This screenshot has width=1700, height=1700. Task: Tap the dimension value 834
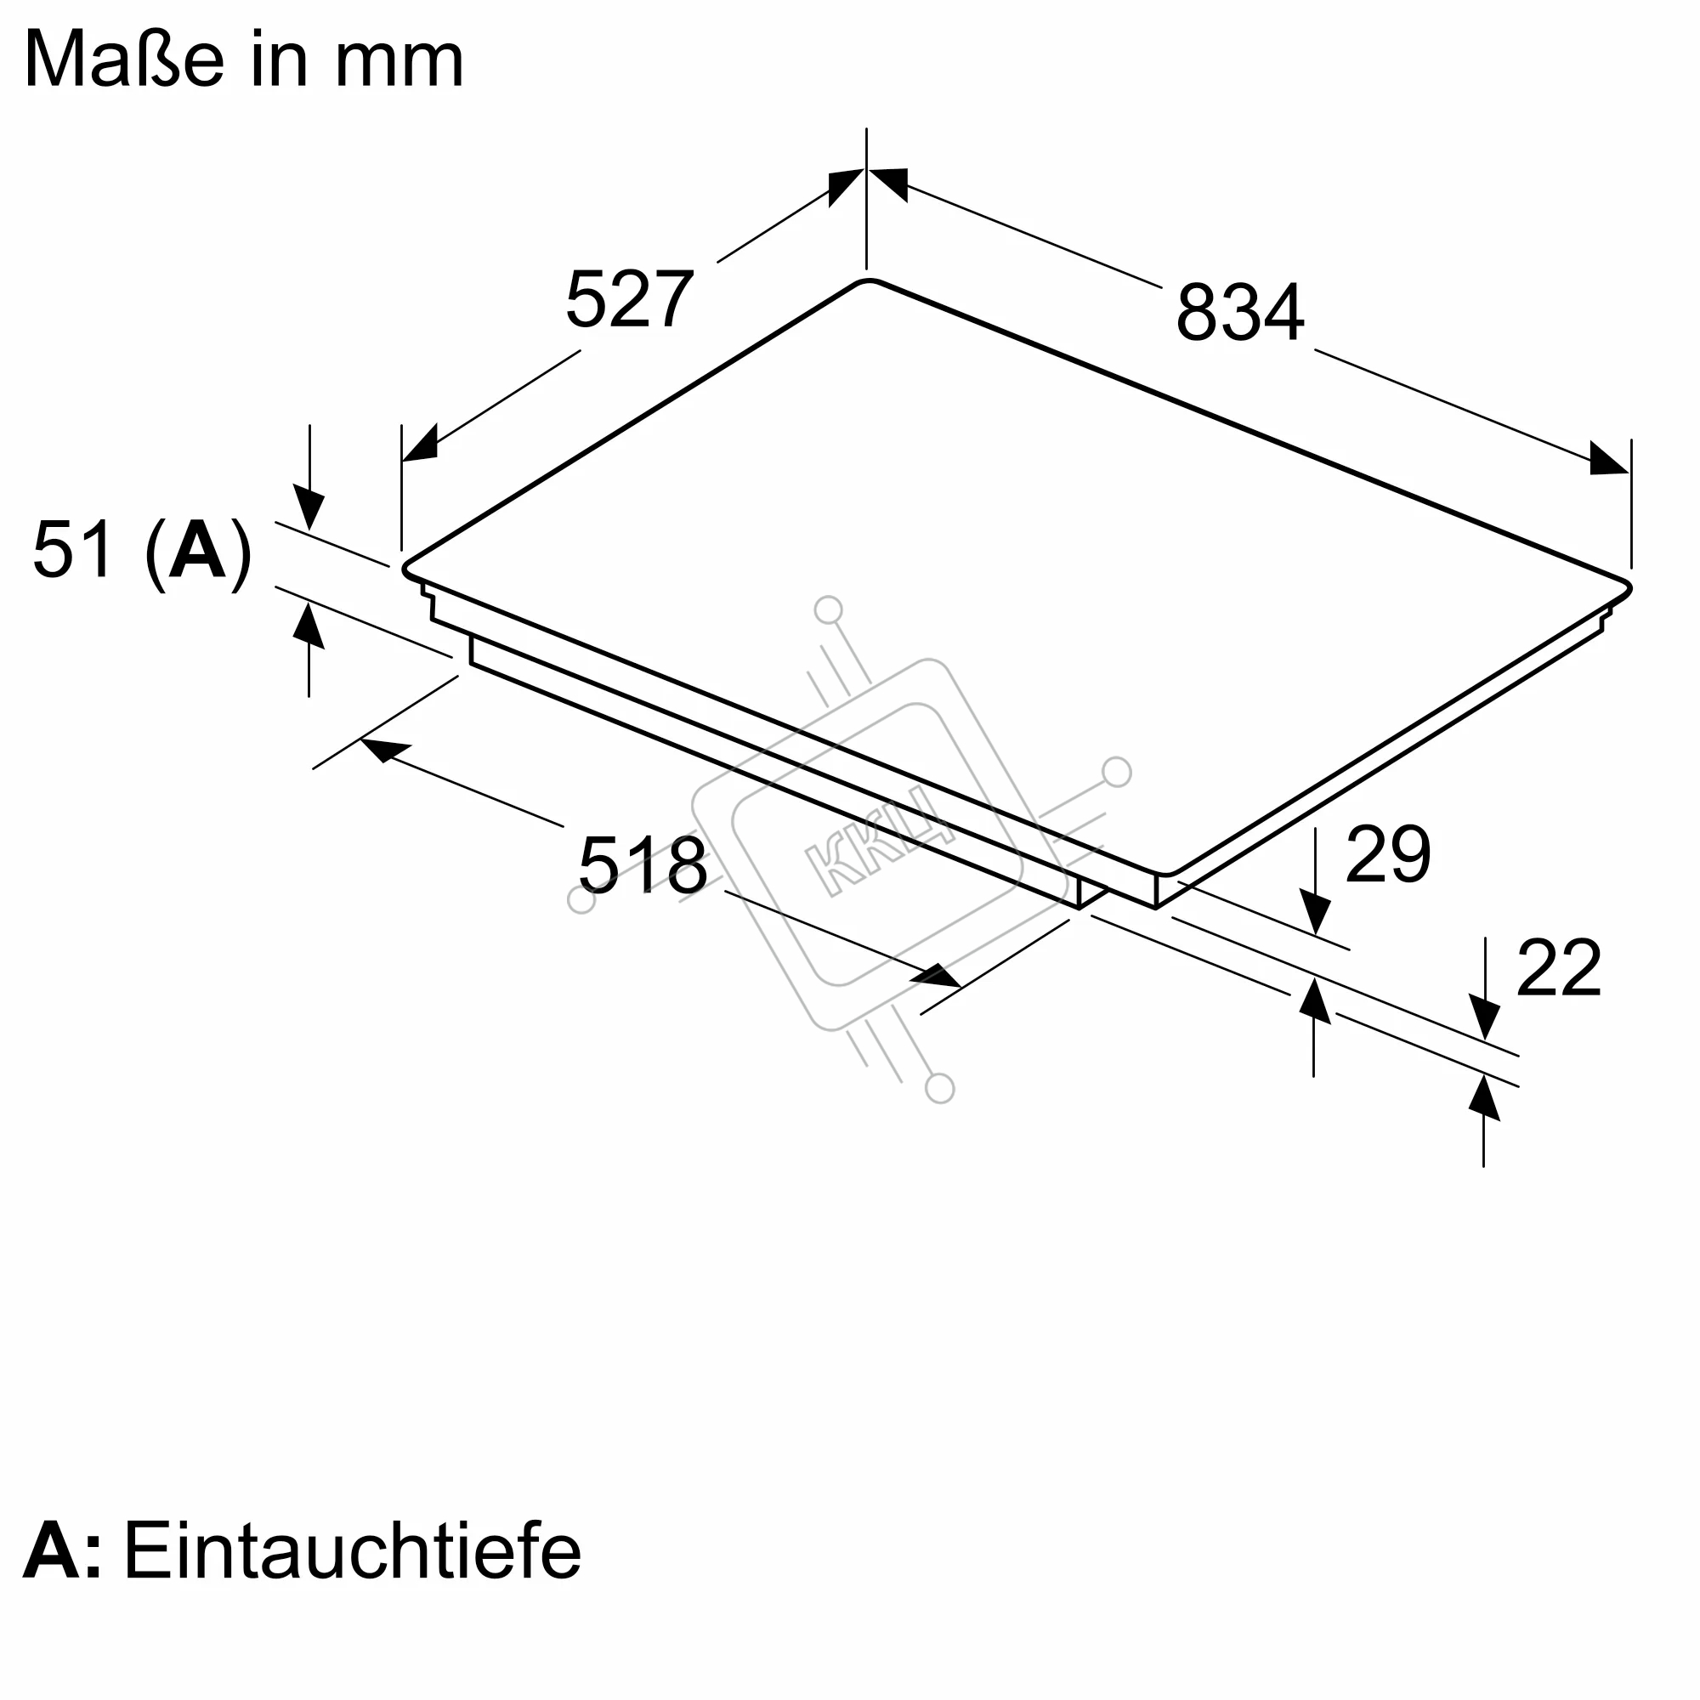1240,311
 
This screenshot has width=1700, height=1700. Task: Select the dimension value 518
643,865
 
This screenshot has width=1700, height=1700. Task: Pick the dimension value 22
1558,968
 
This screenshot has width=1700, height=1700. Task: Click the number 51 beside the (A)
73,549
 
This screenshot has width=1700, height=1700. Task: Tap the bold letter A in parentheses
197,550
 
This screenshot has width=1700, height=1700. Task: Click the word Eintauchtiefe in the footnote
352,1573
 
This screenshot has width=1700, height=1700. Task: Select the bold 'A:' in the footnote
61,1574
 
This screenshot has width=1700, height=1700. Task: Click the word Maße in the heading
124,58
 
